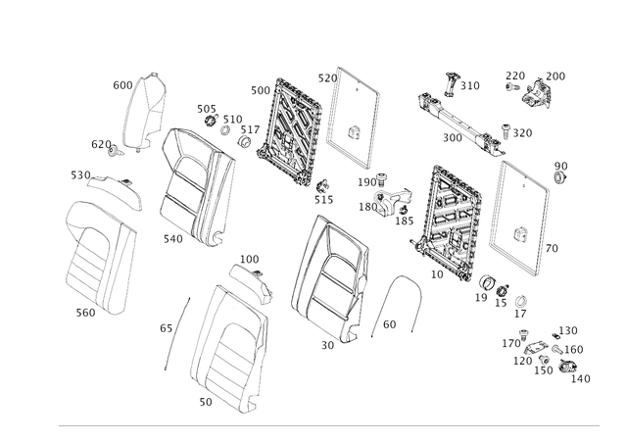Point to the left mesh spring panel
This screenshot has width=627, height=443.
coord(288,127)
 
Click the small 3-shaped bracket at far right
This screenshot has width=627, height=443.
coord(559,173)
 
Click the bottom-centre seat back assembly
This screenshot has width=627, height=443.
coord(230,343)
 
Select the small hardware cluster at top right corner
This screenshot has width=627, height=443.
coord(535,88)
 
